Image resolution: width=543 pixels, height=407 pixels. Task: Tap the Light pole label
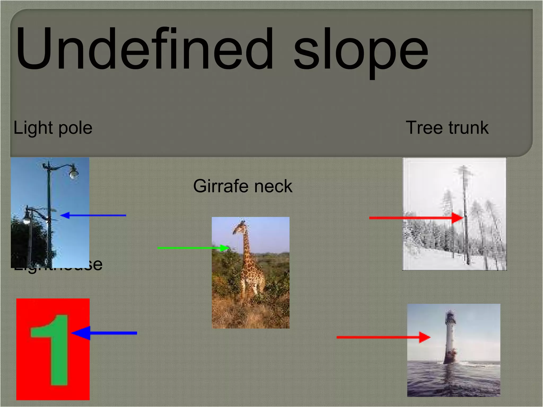53,128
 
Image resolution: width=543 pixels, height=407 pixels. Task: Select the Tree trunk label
447,128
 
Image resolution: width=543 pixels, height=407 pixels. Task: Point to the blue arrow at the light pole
93,215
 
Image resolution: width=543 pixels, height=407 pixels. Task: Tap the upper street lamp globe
73,174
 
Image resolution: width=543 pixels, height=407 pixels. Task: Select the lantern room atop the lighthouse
450,317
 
